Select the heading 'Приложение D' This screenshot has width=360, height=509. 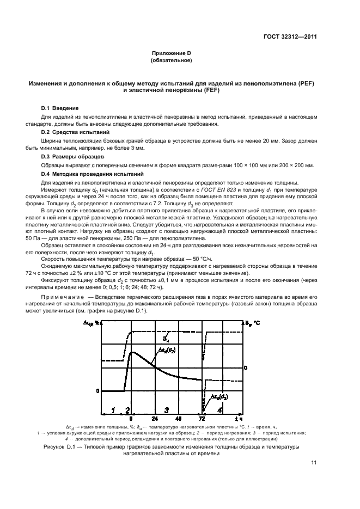click(175, 53)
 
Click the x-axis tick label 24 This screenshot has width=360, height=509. click(155, 419)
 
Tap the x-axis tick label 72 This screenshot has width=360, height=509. click(203, 419)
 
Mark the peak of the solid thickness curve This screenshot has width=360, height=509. click(132, 352)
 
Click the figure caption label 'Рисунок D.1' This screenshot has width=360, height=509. click(59, 446)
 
